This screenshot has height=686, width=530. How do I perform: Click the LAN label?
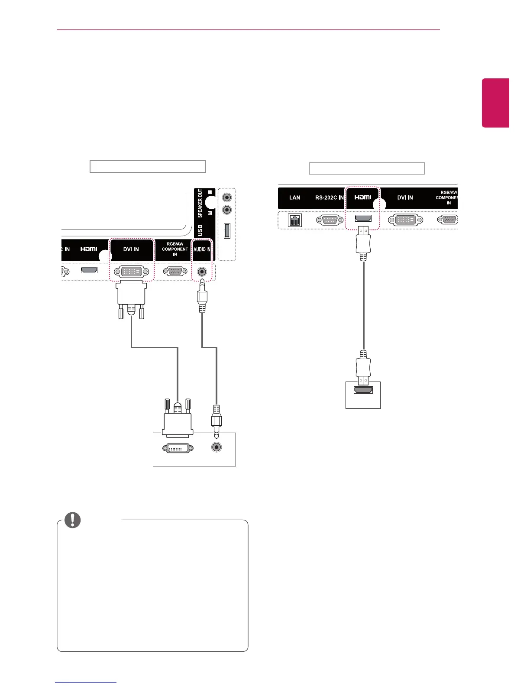[x=294, y=197]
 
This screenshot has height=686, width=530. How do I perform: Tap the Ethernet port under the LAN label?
[x=294, y=220]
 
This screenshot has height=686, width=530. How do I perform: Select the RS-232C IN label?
[x=329, y=197]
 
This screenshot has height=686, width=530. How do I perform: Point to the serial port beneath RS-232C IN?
[x=330, y=220]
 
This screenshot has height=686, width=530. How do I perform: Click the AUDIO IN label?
[x=202, y=249]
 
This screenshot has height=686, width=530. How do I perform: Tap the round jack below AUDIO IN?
[x=201, y=272]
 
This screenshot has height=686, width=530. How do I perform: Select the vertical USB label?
[x=200, y=230]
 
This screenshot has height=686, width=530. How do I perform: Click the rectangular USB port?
[x=226, y=231]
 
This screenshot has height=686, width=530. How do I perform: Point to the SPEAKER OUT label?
[x=200, y=203]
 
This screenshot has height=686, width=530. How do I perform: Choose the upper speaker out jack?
[x=226, y=197]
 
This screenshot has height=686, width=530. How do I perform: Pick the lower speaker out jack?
[x=226, y=210]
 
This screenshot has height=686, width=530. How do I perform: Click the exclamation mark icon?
[x=72, y=520]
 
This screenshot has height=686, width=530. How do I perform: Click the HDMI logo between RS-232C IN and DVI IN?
[x=363, y=197]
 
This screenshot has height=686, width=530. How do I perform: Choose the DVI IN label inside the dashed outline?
[x=131, y=249]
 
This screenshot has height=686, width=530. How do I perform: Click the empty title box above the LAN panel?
[x=367, y=168]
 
